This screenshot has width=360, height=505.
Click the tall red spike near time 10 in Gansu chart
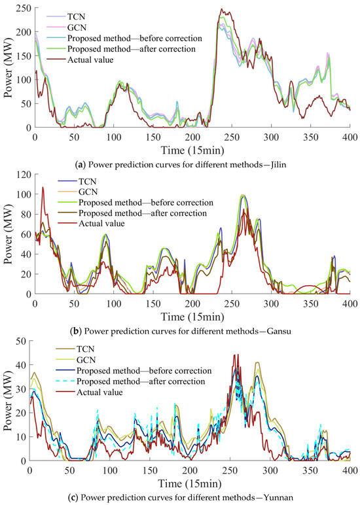tap(43, 187)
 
